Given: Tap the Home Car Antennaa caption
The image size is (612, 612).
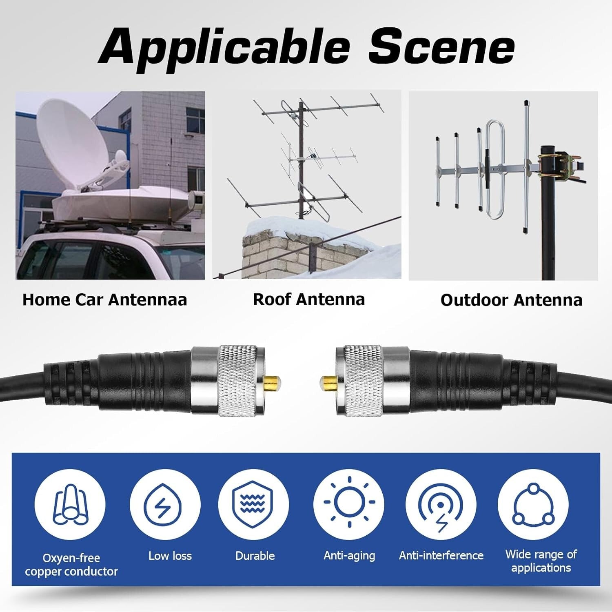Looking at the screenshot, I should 104,300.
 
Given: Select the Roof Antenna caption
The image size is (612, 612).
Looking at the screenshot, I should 309,299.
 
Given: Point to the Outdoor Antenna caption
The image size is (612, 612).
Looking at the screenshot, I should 511,300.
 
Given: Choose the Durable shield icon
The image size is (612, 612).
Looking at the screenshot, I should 253,505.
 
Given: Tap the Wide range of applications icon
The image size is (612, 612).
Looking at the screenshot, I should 533,505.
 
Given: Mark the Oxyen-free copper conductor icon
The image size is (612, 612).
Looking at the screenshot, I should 70,505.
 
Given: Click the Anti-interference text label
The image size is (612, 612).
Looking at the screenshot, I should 441,555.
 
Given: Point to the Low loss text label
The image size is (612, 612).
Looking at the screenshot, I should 170,556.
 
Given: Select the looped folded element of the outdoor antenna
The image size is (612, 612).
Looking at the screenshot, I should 495,169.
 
